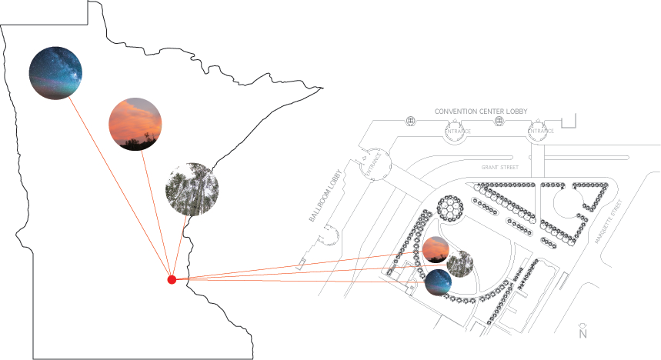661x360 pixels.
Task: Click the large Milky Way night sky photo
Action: click(x=55, y=72)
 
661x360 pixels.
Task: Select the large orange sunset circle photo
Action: click(x=135, y=123)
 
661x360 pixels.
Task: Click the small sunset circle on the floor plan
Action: click(x=436, y=249)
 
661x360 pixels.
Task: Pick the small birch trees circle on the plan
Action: click(x=459, y=262)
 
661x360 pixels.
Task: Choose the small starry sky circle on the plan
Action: click(x=439, y=282)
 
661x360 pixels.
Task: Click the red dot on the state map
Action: click(x=172, y=279)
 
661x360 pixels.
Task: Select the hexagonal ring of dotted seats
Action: click(x=449, y=208)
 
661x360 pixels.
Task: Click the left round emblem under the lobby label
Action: click(x=456, y=132)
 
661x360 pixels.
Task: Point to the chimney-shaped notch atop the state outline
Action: click(x=97, y=9)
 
